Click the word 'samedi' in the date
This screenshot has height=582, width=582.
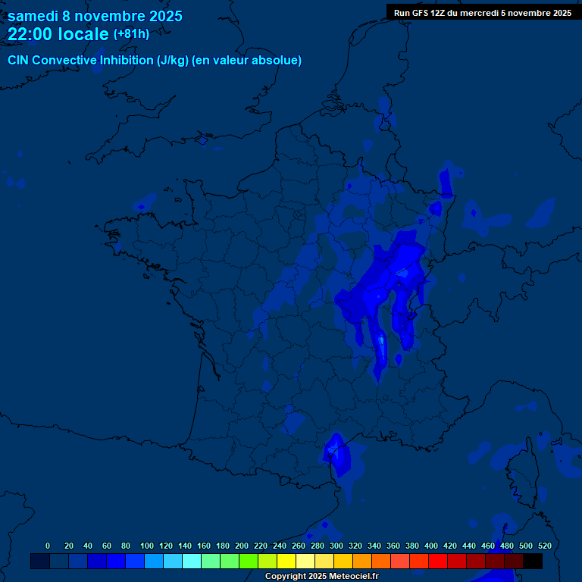pyautogui.click(x=33, y=16)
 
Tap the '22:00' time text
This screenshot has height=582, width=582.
pyautogui.click(x=29, y=34)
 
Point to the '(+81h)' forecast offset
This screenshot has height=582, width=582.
pyautogui.click(x=130, y=34)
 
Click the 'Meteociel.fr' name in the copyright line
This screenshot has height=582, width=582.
pyautogui.click(x=353, y=577)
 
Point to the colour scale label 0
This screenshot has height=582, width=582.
pyautogui.click(x=48, y=546)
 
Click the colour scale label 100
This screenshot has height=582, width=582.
pyautogui.click(x=147, y=546)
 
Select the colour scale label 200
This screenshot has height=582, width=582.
pyautogui.click(x=242, y=546)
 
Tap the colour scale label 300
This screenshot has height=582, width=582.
pyautogui.click(x=336, y=546)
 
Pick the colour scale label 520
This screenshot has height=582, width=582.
pyautogui.click(x=544, y=546)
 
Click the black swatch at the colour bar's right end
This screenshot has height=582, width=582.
pyautogui.click(x=533, y=561)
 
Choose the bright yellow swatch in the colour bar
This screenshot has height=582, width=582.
pyautogui.click(x=286, y=561)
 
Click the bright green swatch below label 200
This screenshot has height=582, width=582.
pyautogui.click(x=249, y=561)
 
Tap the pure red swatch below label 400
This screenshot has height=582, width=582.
pyautogui.click(x=438, y=561)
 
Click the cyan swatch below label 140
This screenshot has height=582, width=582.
pyautogui.click(x=192, y=561)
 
